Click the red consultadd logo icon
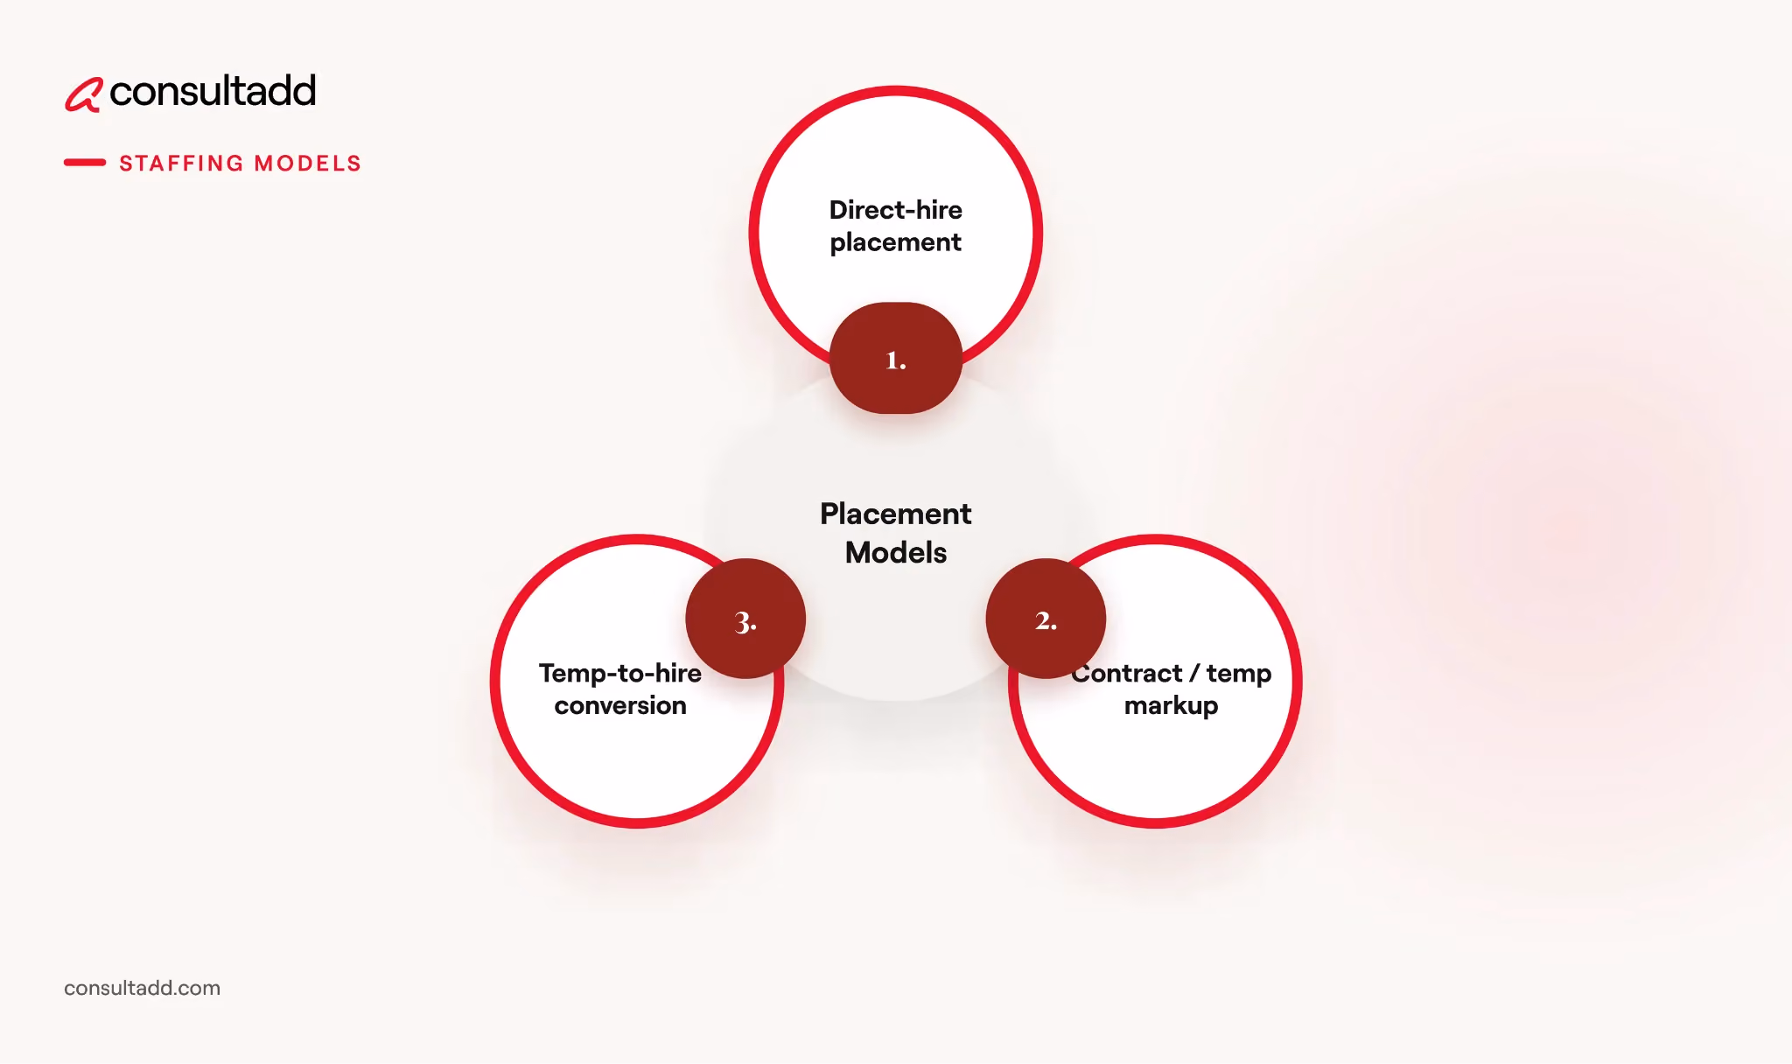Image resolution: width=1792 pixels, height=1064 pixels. (84, 94)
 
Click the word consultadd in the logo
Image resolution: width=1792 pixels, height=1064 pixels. (213, 91)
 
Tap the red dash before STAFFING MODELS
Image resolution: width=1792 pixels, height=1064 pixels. (85, 162)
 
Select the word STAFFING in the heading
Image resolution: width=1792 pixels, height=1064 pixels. (181, 164)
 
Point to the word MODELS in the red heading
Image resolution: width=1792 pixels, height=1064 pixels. (307, 164)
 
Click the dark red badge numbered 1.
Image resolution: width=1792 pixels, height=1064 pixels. (896, 358)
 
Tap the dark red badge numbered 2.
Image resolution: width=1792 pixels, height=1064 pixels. (1046, 619)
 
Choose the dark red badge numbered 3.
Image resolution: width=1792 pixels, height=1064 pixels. (745, 619)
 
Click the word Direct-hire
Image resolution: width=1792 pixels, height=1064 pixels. (896, 210)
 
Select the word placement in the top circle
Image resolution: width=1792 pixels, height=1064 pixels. (896, 242)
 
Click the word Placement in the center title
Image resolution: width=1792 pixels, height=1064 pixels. (896, 514)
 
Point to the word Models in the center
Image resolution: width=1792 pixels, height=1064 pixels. (896, 553)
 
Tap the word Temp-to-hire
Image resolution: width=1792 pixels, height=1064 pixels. (620, 673)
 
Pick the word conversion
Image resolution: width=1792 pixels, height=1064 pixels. (620, 705)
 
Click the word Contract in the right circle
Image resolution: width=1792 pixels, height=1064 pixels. (1127, 673)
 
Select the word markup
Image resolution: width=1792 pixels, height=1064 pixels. (1172, 706)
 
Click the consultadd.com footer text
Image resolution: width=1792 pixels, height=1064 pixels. (143, 988)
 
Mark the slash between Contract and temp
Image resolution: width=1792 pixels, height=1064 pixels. (1194, 674)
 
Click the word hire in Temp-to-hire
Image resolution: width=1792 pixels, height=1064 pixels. (678, 673)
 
